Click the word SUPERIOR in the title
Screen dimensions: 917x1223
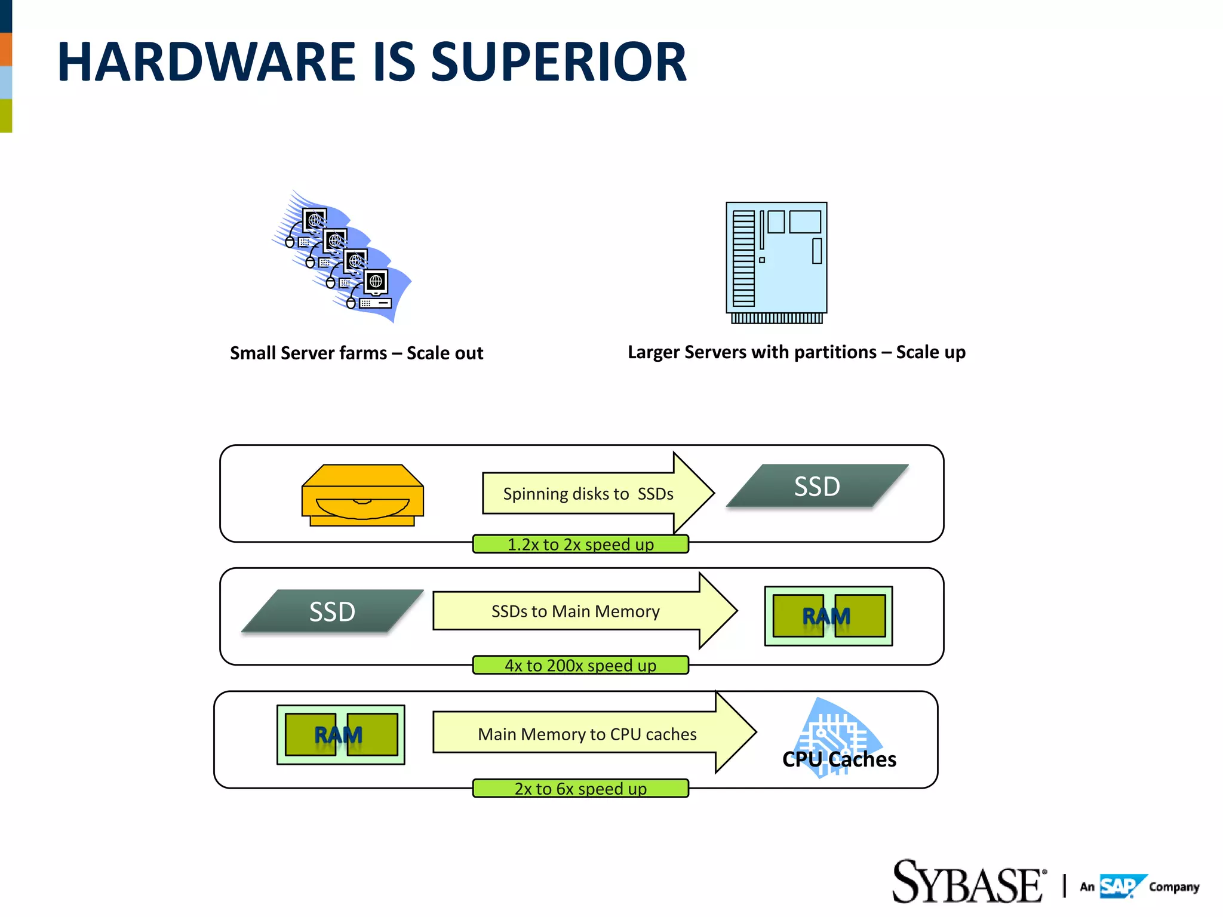558,62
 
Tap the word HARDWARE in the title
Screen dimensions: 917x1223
206,62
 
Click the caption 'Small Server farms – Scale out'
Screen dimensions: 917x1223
357,353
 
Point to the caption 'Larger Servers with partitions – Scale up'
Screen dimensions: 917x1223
796,352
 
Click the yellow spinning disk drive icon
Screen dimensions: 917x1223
362,495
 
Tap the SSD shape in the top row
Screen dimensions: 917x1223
817,486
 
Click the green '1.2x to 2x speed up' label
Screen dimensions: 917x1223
580,544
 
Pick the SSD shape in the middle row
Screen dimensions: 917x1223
332,611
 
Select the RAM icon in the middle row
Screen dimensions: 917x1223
828,616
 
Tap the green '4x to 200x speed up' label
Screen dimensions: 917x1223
580,665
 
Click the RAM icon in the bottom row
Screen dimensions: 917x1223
340,734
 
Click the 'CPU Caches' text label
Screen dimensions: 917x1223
839,759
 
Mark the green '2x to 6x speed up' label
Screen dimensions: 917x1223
580,788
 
